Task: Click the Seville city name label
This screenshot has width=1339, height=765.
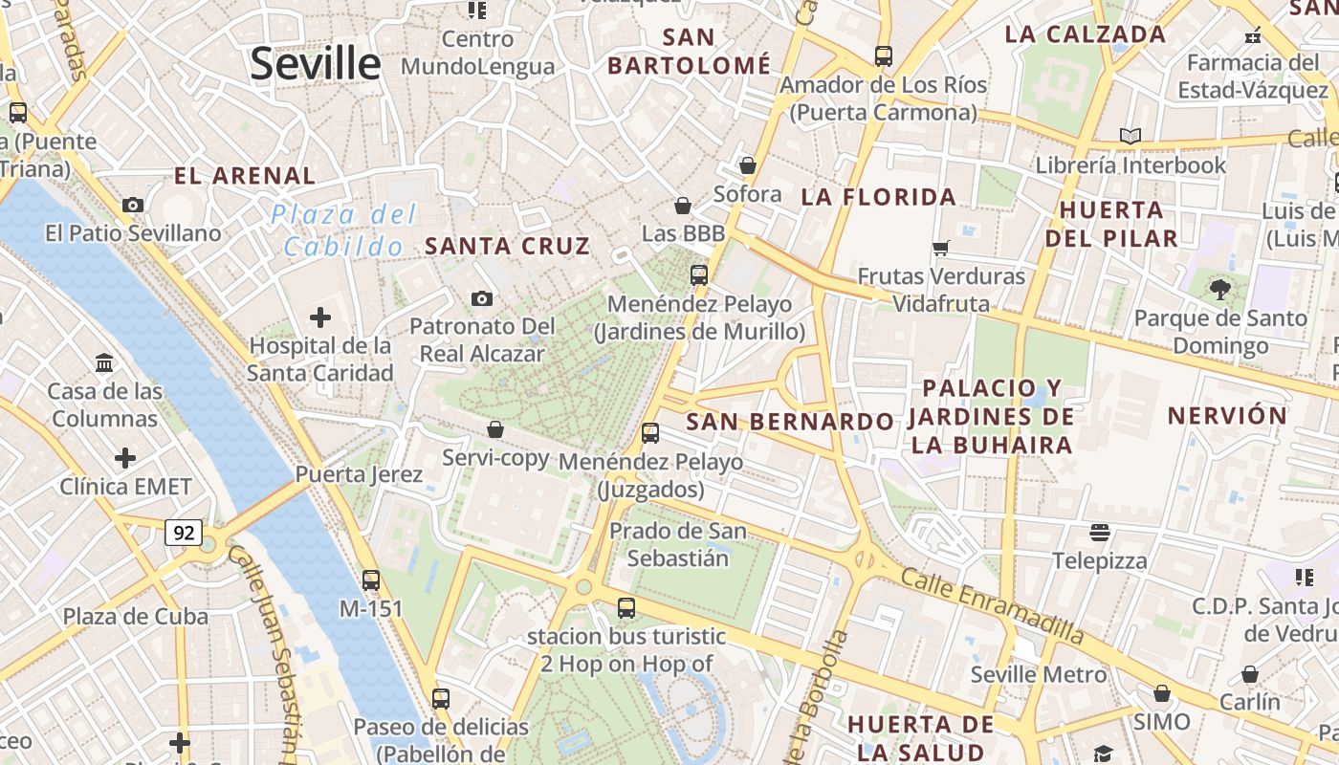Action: (x=316, y=64)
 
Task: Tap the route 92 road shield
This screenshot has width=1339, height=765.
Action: (x=183, y=533)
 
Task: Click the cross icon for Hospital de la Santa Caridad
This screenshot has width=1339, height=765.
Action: (x=320, y=317)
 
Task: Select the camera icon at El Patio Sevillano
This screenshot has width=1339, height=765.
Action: (x=133, y=205)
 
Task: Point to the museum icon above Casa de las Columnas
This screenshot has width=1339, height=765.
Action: (x=104, y=363)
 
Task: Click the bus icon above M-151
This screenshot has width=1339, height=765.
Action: (x=371, y=579)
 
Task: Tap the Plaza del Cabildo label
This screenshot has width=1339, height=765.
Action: (x=344, y=230)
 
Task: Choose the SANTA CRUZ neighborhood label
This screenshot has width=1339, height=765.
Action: (x=507, y=246)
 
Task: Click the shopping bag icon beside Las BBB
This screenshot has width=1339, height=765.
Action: (x=683, y=206)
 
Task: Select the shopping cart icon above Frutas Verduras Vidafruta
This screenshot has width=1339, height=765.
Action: (x=941, y=249)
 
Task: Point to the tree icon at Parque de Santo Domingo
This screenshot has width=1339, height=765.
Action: (x=1219, y=289)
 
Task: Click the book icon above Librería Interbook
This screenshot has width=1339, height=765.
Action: (x=1130, y=136)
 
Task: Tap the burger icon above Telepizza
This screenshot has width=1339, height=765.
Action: (x=1100, y=532)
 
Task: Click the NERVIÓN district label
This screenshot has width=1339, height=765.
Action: (x=1227, y=416)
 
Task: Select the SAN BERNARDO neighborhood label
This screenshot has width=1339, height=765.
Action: (x=790, y=422)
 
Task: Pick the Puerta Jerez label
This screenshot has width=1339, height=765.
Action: (x=359, y=474)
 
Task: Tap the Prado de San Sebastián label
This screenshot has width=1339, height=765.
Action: (x=678, y=544)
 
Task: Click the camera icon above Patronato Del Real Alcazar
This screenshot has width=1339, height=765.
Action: (x=482, y=299)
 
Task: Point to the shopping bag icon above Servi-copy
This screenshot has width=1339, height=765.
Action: (x=495, y=429)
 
